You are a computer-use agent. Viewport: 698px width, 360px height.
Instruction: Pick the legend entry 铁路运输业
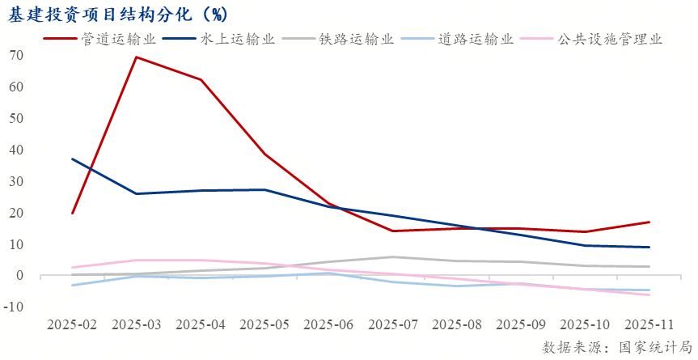tap(356, 39)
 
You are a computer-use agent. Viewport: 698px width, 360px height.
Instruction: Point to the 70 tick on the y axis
tap(16, 55)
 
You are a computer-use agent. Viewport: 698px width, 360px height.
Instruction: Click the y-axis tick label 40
tap(16, 150)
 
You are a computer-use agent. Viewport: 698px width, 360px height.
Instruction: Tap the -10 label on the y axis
tap(14, 307)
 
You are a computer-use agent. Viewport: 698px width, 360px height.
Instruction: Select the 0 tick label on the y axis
tap(19, 276)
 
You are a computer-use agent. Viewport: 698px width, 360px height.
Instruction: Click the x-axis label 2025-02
tap(72, 324)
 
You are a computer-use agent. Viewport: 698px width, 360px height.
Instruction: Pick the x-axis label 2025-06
tap(328, 324)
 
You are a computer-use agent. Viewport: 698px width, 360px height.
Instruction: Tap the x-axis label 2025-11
tap(649, 324)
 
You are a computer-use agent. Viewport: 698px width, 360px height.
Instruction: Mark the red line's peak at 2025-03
tap(136, 57)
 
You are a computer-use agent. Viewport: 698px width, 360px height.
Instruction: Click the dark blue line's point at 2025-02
tap(72, 159)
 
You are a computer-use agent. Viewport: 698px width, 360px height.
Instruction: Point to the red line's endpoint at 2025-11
tap(649, 222)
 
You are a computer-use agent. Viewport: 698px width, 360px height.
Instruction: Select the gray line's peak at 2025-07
tap(393, 257)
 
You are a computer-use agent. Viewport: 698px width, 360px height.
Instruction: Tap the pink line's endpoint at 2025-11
tap(649, 294)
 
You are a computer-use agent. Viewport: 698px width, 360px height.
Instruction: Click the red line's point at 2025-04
tap(200, 79)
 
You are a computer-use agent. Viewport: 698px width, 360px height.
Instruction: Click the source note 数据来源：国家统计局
tap(616, 346)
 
